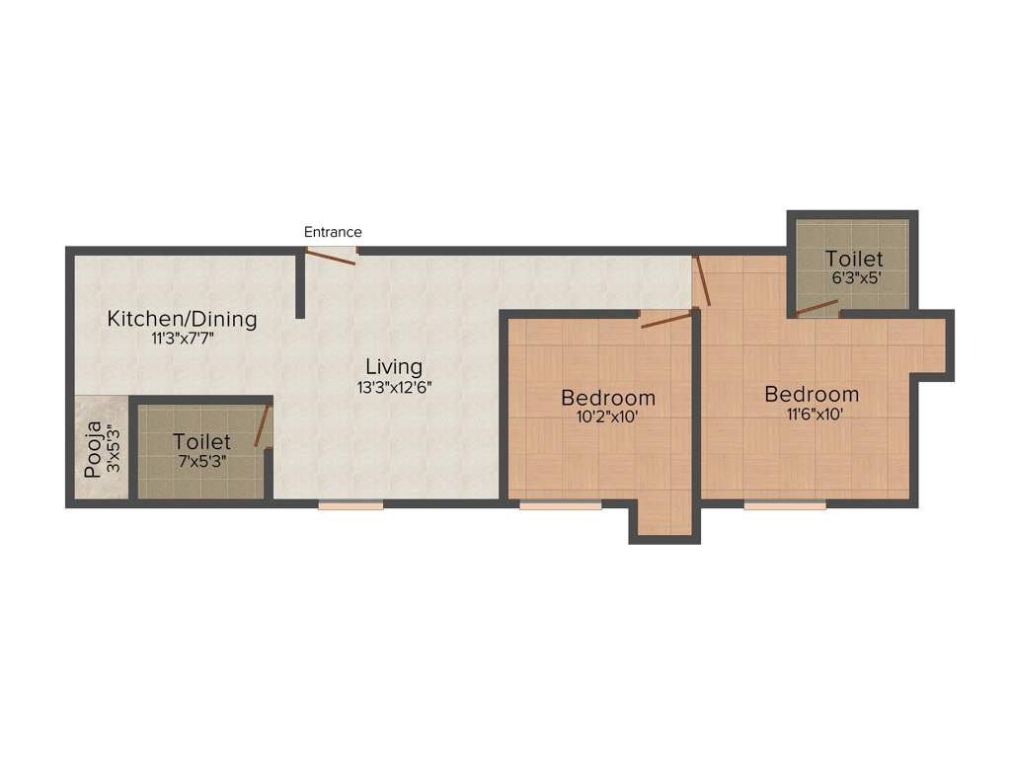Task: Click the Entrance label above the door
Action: coord(333,232)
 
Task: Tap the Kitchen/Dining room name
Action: coord(182,319)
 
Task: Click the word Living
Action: coord(394,367)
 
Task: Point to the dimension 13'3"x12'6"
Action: coord(395,388)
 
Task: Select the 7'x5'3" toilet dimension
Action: coord(201,461)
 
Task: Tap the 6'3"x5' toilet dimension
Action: coord(855,278)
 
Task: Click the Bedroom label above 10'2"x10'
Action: coord(608,398)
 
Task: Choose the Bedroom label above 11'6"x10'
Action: coord(812,394)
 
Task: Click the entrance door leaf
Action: coord(330,257)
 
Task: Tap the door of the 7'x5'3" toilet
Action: coord(262,426)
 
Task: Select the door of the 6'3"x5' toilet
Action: coord(817,308)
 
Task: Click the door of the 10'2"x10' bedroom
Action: coord(666,319)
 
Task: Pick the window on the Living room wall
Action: coord(350,505)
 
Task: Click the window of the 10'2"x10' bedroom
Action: coord(560,505)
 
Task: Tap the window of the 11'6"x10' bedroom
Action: coord(785,505)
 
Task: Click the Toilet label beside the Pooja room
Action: coord(201,441)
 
